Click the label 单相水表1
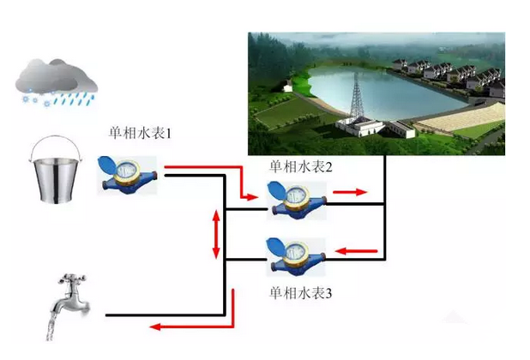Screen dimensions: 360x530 tap(140, 134)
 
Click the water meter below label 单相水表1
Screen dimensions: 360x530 tap(127, 174)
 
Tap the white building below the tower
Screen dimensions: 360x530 tap(360, 127)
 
